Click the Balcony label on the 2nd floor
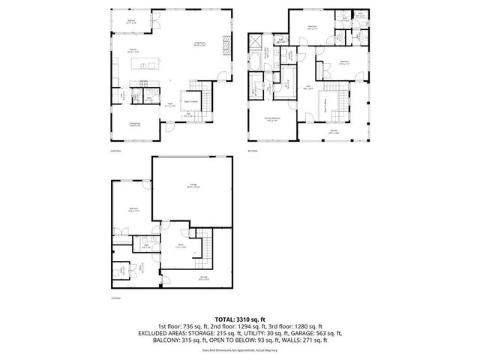point(131,22)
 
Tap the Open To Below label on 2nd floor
point(192,101)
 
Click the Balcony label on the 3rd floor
point(333,133)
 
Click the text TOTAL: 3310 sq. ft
point(240,319)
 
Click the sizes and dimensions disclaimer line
point(240,349)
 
